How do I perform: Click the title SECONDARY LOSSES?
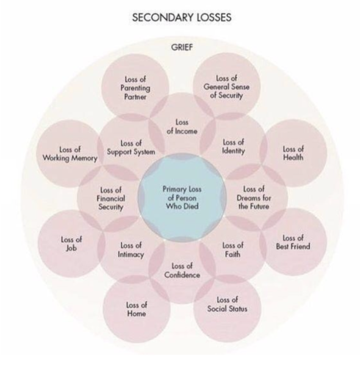pos(181,18)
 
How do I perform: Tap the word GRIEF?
pos(182,47)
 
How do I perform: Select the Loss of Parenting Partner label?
pos(135,88)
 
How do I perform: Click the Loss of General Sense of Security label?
pos(226,87)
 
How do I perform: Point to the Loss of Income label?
pos(182,127)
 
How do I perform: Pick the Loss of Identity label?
pos(233,147)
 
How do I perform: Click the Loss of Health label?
pos(293,153)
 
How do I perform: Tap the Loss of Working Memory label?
pos(70,154)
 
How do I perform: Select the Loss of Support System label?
pos(131,148)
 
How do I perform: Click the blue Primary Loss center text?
pos(182,197)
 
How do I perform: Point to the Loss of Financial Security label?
pos(111,198)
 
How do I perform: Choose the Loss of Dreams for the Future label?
pos(254,197)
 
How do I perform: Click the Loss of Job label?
pos(71,244)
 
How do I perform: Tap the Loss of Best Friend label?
pos(293,242)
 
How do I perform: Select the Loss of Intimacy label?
pos(131,250)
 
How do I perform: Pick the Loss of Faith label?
pos(233,250)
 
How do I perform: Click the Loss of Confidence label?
pos(182,271)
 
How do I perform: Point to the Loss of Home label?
pos(137,309)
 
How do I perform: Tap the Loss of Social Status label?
pos(227,305)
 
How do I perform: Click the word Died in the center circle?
pos(190,206)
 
